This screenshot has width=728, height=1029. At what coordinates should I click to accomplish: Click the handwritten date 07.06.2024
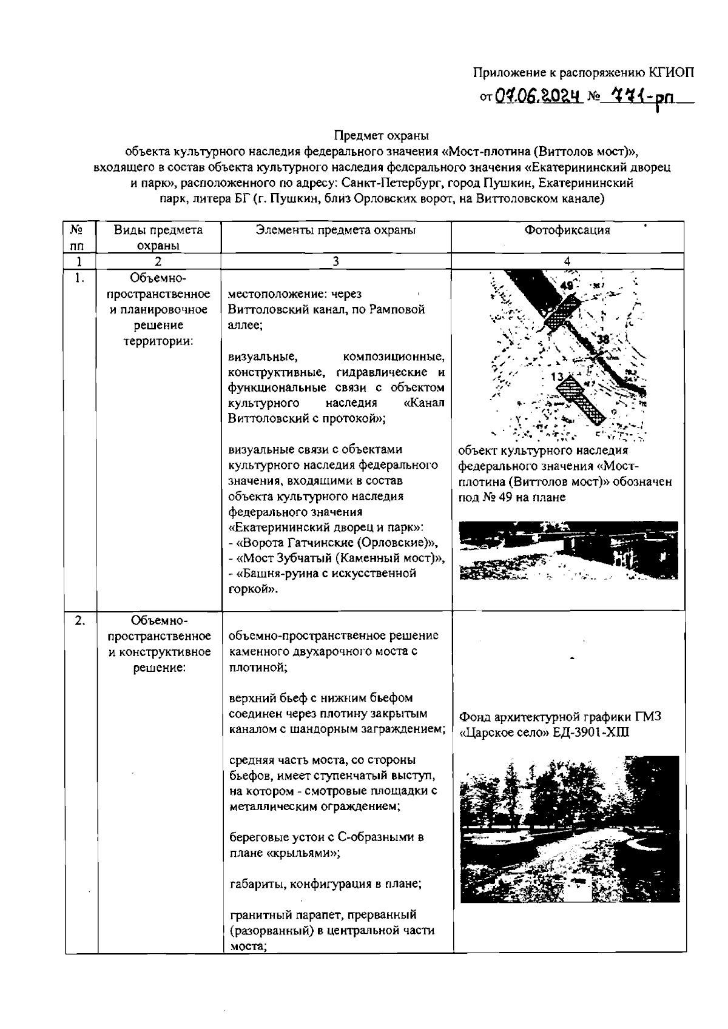[x=536, y=96]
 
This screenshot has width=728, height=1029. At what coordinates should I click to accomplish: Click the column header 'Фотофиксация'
[x=567, y=230]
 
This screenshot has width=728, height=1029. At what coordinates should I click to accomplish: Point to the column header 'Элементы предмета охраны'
[x=335, y=230]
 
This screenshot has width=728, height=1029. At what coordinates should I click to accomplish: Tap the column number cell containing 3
[x=335, y=261]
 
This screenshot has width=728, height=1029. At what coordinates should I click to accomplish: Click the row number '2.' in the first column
[x=79, y=620]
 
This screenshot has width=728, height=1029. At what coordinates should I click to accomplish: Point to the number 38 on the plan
[x=602, y=340]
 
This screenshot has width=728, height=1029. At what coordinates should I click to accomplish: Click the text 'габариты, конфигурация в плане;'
[x=325, y=883]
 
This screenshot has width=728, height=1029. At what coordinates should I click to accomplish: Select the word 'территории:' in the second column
[x=159, y=341]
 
